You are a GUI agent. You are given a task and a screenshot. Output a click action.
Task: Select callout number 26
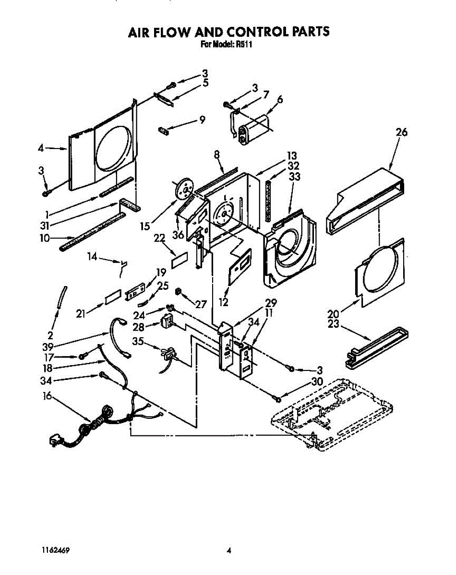tap(401, 133)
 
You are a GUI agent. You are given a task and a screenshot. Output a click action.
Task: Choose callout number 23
tap(333, 324)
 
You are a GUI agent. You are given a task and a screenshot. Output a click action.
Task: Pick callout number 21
tap(80, 313)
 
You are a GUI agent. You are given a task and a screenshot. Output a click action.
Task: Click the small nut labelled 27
tap(178, 291)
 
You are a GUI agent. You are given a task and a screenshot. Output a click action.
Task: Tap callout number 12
tap(223, 302)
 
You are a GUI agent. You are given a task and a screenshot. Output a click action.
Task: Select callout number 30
tap(316, 382)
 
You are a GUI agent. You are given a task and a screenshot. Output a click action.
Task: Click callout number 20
tap(333, 314)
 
